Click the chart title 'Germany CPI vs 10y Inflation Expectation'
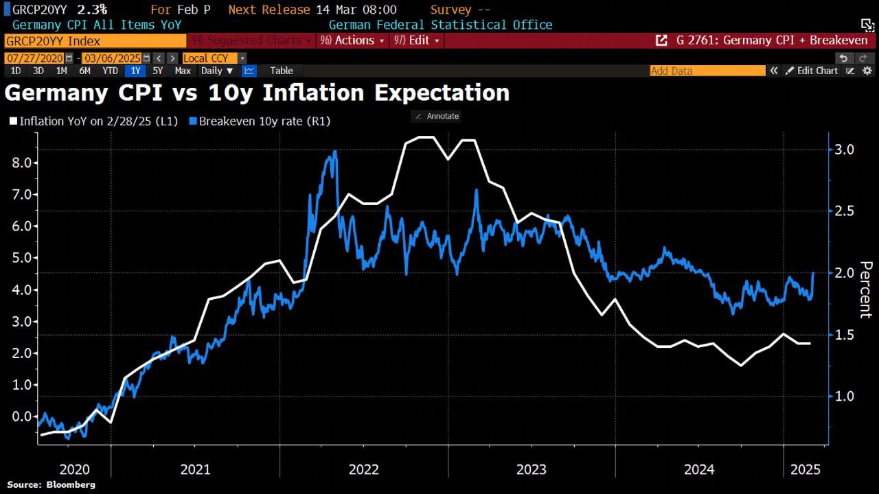[257, 92]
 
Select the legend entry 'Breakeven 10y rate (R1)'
[264, 121]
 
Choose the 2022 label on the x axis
[363, 469]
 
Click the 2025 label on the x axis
[806, 469]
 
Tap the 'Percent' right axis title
[865, 289]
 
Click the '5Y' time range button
[158, 71]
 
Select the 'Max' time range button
[183, 71]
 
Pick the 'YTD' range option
[110, 71]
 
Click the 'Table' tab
[282, 71]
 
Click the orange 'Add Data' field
[707, 71]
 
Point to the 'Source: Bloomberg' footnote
[52, 484]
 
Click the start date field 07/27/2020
[35, 58]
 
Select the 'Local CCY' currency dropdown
[209, 58]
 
